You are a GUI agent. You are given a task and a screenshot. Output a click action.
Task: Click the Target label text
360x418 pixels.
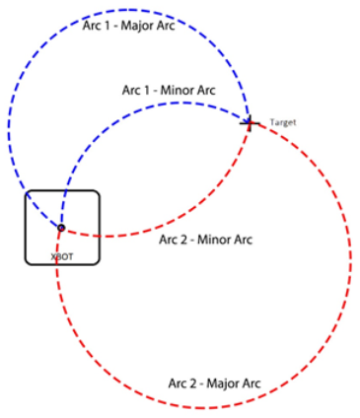point(282,122)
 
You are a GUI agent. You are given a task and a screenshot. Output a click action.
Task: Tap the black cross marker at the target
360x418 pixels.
point(249,123)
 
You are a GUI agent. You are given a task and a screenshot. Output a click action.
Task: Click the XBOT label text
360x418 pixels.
point(61,254)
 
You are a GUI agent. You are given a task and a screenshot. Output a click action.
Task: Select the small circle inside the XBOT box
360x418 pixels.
point(61,228)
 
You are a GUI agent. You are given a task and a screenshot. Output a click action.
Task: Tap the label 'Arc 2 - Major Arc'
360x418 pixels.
point(214,382)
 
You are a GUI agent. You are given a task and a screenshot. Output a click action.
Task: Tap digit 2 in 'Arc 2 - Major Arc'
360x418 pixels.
point(191,382)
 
